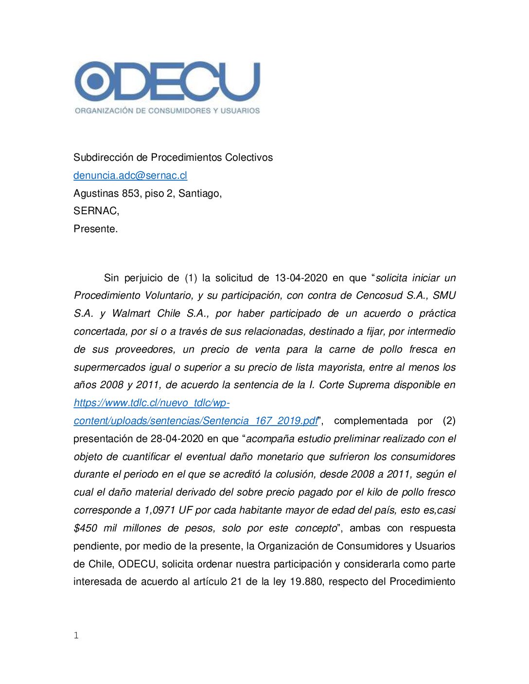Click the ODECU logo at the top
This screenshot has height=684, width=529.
click(167, 81)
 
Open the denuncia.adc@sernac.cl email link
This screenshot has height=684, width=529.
click(130, 175)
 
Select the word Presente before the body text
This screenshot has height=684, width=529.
click(95, 229)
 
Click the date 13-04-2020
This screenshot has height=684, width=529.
click(301, 278)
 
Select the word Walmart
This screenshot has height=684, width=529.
click(131, 313)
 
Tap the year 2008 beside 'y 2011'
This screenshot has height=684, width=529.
click(111, 385)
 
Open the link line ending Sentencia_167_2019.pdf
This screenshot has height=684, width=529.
click(195, 421)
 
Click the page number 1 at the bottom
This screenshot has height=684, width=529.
click(76, 635)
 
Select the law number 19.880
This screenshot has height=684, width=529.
click(306, 581)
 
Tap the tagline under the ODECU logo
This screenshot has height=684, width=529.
click(167, 111)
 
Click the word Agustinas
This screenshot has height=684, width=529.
click(96, 193)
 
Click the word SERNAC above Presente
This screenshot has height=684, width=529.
click(95, 211)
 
